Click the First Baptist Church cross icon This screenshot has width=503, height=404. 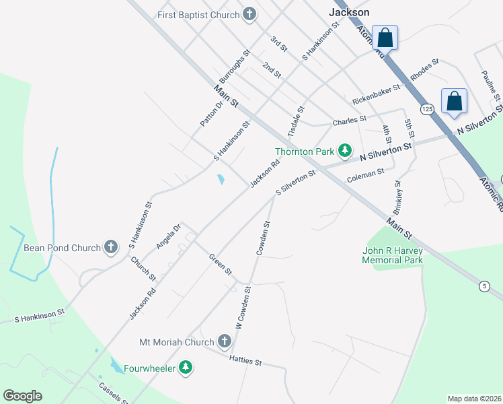[x=249, y=15]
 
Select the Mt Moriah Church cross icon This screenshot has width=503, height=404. [x=225, y=343]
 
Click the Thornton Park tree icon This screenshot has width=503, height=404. [x=345, y=151]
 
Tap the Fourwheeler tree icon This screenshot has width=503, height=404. [x=186, y=368]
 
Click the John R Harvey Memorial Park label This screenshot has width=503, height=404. [x=392, y=255]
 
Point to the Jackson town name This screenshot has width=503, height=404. [x=349, y=12]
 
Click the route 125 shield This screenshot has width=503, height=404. [x=427, y=108]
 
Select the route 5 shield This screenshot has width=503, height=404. [x=483, y=286]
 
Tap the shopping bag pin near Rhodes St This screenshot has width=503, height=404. [x=455, y=102]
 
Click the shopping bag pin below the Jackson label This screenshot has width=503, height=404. [x=385, y=38]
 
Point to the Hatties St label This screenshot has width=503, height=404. [x=245, y=362]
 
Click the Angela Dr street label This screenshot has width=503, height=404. [x=169, y=236]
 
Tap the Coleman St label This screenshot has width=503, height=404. [x=365, y=176]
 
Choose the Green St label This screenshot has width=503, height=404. [x=220, y=264]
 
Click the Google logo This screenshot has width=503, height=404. [x=22, y=396]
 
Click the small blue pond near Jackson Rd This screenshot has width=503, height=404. [x=221, y=180]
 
